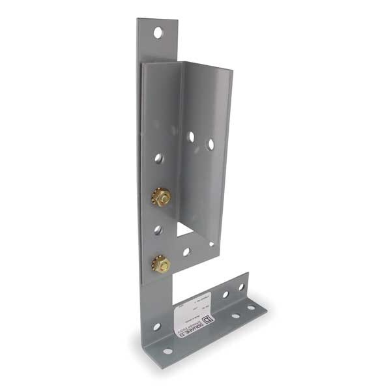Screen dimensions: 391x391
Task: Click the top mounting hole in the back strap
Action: click(x=158, y=32)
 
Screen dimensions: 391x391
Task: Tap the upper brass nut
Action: click(x=161, y=196)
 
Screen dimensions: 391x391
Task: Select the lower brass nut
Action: click(x=161, y=264)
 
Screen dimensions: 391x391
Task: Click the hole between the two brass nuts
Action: click(x=158, y=229)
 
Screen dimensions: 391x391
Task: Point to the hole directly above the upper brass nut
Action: click(x=158, y=158)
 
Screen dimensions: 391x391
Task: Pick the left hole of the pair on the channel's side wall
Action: click(x=190, y=137)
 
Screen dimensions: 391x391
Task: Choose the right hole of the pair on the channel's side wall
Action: click(x=210, y=144)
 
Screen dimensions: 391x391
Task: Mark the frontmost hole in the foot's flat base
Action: click(x=167, y=351)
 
